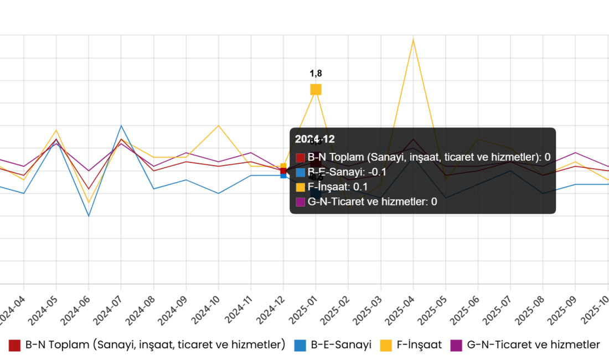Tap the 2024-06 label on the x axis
(x=74, y=310)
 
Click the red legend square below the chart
(x=14, y=346)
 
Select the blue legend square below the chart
(x=300, y=346)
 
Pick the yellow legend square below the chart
(x=386, y=346)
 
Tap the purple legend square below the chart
(x=456, y=346)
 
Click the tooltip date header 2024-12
(x=315, y=140)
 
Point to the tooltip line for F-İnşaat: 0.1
(x=337, y=187)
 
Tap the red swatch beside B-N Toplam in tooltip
(x=301, y=158)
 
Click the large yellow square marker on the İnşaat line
(x=316, y=90)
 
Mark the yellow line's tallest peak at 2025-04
(x=413, y=39)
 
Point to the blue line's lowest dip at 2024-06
(x=89, y=215)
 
